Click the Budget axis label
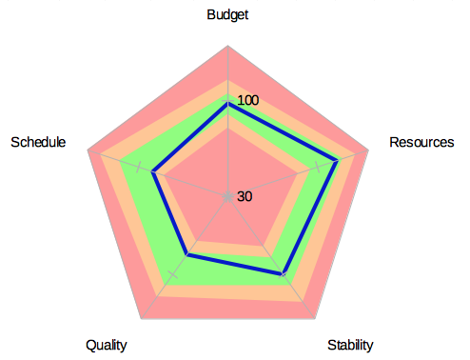click(227, 14)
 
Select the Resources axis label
click(421, 143)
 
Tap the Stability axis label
click(350, 345)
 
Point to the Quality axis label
click(106, 345)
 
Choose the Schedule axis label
click(38, 143)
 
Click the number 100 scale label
click(248, 101)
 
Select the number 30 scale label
click(245, 197)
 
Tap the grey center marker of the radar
click(227, 197)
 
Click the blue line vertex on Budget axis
click(227, 106)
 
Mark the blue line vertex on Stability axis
click(283, 274)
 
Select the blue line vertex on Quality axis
click(188, 255)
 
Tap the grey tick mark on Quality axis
click(173, 273)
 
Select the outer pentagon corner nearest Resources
click(369, 150)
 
